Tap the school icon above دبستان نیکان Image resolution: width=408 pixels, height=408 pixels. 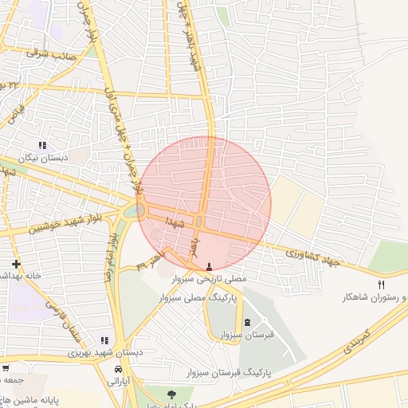(42, 145)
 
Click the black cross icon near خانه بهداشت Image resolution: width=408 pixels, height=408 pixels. (16, 263)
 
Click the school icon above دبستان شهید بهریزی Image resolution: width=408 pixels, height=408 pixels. (104, 340)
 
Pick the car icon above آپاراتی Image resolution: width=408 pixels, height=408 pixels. (118, 370)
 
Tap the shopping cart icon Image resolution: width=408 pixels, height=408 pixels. (6, 368)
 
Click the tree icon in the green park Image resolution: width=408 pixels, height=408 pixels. (169, 393)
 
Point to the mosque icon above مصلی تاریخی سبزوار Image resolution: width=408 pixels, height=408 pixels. (210, 267)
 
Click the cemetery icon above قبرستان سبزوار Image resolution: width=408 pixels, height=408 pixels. (246, 322)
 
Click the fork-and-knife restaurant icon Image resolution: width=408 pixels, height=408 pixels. (381, 284)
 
